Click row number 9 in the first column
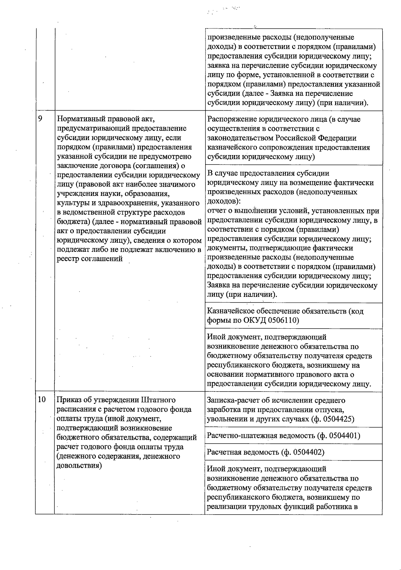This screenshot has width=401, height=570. point(40,119)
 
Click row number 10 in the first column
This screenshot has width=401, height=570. point(42,400)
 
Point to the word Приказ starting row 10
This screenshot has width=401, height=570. point(68,400)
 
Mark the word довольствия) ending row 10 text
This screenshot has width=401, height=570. point(79,466)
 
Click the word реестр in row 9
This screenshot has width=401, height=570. point(69,259)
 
